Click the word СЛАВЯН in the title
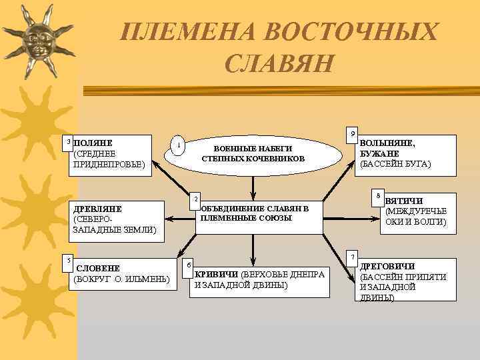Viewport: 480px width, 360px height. [x=279, y=63]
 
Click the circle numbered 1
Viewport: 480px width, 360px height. [x=177, y=145]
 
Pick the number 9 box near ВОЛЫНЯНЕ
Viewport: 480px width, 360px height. [x=353, y=133]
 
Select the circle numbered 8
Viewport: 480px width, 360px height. [x=377, y=195]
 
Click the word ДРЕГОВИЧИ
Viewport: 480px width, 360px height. [x=387, y=266]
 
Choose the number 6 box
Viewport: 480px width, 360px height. [x=189, y=264]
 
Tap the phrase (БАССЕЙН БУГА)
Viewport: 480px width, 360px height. [x=395, y=163]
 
